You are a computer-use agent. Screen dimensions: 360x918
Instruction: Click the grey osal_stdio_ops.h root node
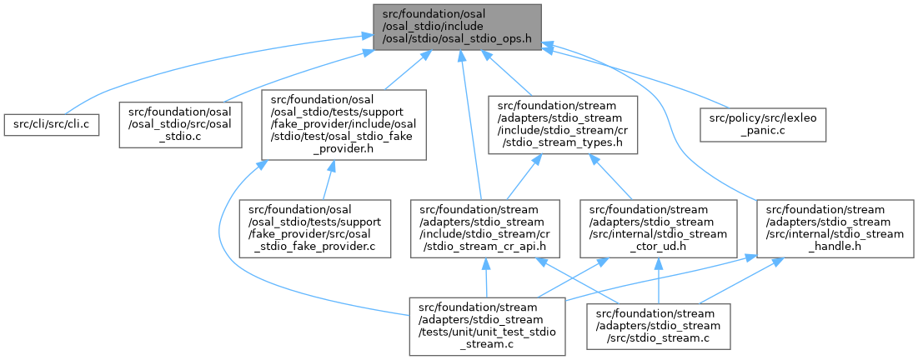click(456, 27)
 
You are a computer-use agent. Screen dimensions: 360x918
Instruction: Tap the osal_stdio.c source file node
click(182, 124)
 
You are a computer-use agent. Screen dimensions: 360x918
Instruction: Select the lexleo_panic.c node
click(750, 124)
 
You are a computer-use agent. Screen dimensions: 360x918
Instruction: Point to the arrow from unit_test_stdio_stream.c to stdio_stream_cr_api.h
click(486, 275)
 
